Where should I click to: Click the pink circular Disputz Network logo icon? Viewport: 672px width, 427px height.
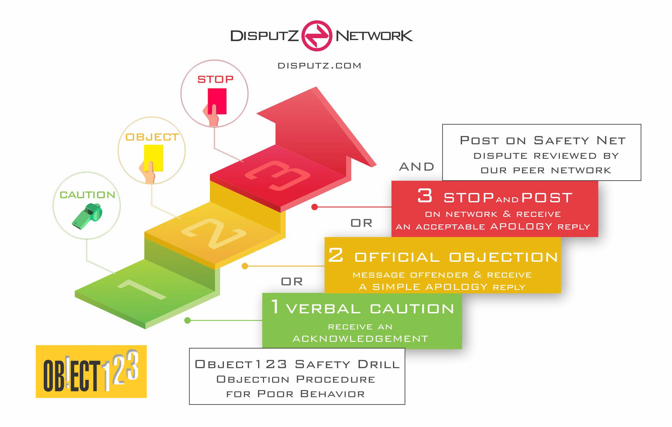[x=317, y=36]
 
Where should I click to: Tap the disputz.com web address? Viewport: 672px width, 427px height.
[x=319, y=66]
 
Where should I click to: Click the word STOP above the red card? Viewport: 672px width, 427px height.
[x=215, y=80]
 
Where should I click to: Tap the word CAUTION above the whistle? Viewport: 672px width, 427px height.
[x=87, y=195]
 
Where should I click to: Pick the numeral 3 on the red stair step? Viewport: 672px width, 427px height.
[x=278, y=176]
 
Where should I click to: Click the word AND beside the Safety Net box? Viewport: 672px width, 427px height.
[x=416, y=167]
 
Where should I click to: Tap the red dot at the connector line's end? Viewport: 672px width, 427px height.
[x=314, y=207]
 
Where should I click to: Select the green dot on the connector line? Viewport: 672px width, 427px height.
[x=188, y=321]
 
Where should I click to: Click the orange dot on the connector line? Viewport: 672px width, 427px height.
[x=245, y=266]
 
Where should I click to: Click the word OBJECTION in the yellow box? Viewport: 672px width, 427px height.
[x=503, y=257]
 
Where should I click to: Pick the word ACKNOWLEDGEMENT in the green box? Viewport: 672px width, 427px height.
[x=360, y=339]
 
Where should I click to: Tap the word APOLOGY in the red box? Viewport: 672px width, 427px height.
[x=521, y=226]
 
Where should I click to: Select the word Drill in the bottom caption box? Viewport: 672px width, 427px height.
[x=379, y=364]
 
